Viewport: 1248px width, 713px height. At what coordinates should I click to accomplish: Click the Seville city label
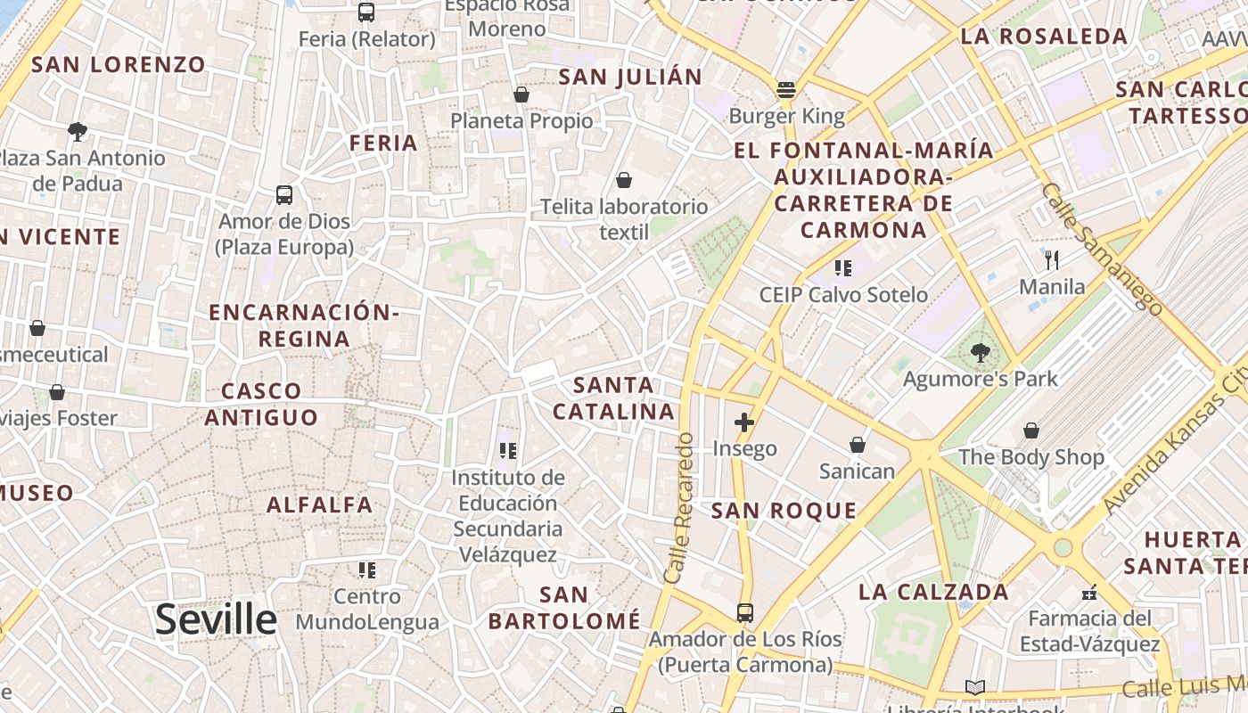(216, 619)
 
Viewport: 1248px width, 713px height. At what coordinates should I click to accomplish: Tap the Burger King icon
(785, 90)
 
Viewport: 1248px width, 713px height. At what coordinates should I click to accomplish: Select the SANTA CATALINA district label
(613, 398)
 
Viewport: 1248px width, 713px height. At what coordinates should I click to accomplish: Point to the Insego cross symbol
(744, 422)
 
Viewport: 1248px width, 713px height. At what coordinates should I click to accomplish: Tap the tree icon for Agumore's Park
(980, 352)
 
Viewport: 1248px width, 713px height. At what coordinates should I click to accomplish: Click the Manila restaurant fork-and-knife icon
(1052, 260)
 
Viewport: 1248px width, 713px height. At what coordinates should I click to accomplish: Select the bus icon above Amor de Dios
(284, 194)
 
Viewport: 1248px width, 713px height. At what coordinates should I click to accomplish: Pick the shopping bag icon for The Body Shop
(1031, 430)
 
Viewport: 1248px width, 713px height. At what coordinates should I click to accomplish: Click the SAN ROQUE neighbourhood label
(784, 511)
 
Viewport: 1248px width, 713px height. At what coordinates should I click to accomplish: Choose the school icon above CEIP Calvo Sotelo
(842, 267)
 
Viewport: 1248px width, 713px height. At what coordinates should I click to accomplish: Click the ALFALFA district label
(320, 504)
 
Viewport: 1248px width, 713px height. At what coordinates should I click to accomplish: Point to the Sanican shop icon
(858, 444)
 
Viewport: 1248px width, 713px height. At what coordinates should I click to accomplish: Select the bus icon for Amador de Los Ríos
(744, 612)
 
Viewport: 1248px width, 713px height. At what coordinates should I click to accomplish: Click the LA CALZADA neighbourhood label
(933, 592)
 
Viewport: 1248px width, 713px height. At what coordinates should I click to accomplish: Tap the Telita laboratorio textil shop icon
(624, 180)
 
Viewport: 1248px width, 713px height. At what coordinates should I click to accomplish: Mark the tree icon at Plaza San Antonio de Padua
(78, 132)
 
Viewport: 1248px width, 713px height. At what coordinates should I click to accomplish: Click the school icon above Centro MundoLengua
(366, 570)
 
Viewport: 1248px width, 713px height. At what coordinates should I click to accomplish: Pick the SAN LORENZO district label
(119, 64)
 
